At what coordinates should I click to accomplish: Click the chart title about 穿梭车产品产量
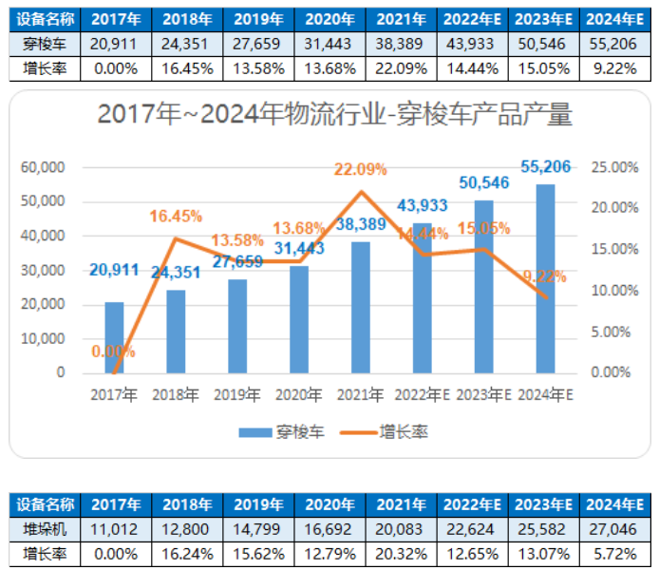(x=335, y=116)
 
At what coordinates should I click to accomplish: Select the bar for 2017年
(x=114, y=337)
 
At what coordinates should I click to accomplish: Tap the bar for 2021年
(x=360, y=307)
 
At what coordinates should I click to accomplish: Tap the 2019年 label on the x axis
(x=236, y=394)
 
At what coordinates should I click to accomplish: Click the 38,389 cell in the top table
(x=393, y=44)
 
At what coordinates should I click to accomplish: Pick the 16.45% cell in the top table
(x=178, y=67)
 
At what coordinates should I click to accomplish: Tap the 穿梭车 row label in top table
(x=43, y=44)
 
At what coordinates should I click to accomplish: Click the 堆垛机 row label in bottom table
(x=43, y=528)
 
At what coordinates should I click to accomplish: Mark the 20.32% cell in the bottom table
(x=393, y=552)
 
